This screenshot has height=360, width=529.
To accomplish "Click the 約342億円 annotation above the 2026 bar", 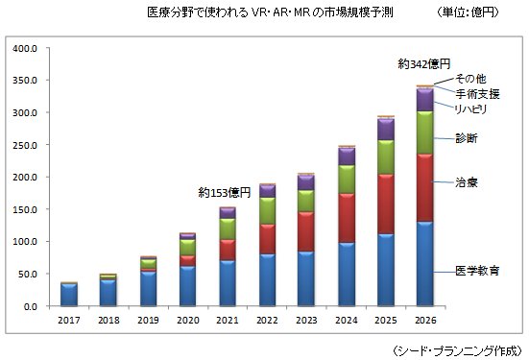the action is coord(424,63).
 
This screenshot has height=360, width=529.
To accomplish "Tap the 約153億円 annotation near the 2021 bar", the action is coord(225,193).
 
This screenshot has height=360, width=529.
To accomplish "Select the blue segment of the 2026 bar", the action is coord(424,264).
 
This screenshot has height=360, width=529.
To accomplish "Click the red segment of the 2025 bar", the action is coord(386,204).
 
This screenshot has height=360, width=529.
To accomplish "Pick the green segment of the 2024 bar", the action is coord(347,180).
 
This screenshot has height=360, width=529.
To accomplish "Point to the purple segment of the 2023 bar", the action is coord(306,182).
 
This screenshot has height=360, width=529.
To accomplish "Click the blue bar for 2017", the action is coord(69,295).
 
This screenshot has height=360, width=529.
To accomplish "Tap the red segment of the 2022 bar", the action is coord(267,239).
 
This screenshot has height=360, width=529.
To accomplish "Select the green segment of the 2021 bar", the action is coord(228,229).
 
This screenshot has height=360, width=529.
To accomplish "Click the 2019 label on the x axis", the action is coord(148,320).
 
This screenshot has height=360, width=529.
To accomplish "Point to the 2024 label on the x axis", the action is coord(347,320).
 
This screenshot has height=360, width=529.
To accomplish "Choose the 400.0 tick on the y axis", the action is coord(25,49).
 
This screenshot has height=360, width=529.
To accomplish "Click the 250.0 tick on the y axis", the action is coord(25,145).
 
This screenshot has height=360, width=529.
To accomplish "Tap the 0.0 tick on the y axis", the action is coord(31,306).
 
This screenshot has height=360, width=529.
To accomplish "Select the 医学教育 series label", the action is coord(477,271).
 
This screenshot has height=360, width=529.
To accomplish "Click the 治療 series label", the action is coord(467,182).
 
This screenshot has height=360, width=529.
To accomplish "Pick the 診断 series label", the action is coord(467,138).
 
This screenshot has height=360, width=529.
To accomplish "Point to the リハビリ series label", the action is coord(471,109).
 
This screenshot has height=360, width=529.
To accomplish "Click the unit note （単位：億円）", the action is coord(468,12).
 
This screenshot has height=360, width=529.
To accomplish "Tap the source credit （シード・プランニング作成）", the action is coord(458,351).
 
